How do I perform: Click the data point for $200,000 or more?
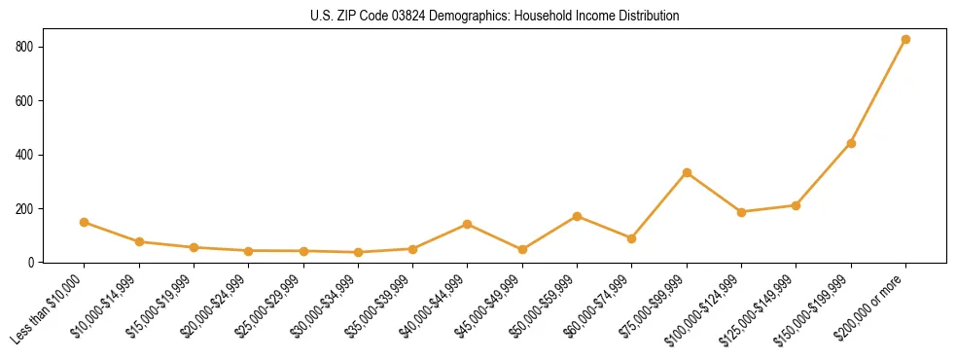click(x=905, y=40)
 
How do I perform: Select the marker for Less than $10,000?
click(x=85, y=222)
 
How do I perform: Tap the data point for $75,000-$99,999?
click(x=687, y=173)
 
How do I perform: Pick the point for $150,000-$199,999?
click(x=851, y=143)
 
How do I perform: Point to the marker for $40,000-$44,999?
click(x=468, y=224)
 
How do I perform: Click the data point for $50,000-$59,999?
click(x=578, y=216)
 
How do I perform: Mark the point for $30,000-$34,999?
click(x=358, y=252)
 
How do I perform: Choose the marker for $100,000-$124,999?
click(x=741, y=212)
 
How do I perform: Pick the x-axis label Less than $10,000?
click(x=49, y=309)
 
